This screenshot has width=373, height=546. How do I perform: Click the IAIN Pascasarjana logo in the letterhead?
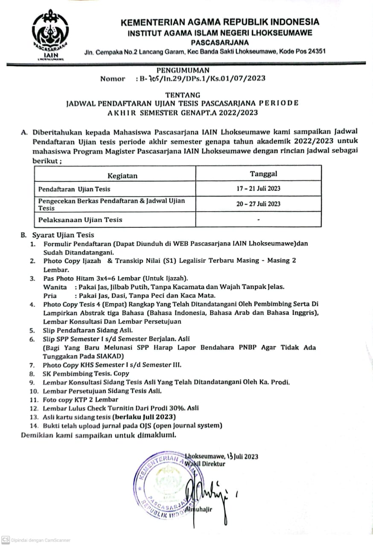(52, 36)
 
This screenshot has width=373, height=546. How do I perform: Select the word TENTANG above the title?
(183, 95)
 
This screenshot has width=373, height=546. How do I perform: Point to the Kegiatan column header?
(122, 175)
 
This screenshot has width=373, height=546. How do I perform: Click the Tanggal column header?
(263, 174)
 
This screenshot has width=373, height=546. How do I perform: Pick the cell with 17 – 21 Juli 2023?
(259, 188)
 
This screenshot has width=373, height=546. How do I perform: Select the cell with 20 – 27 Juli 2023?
(259, 203)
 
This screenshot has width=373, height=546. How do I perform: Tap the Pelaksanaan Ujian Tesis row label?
(80, 220)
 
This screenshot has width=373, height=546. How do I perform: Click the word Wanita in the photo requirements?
(55, 287)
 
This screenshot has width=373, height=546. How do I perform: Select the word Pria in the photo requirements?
(50, 296)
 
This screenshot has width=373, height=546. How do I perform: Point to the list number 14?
(34, 425)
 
